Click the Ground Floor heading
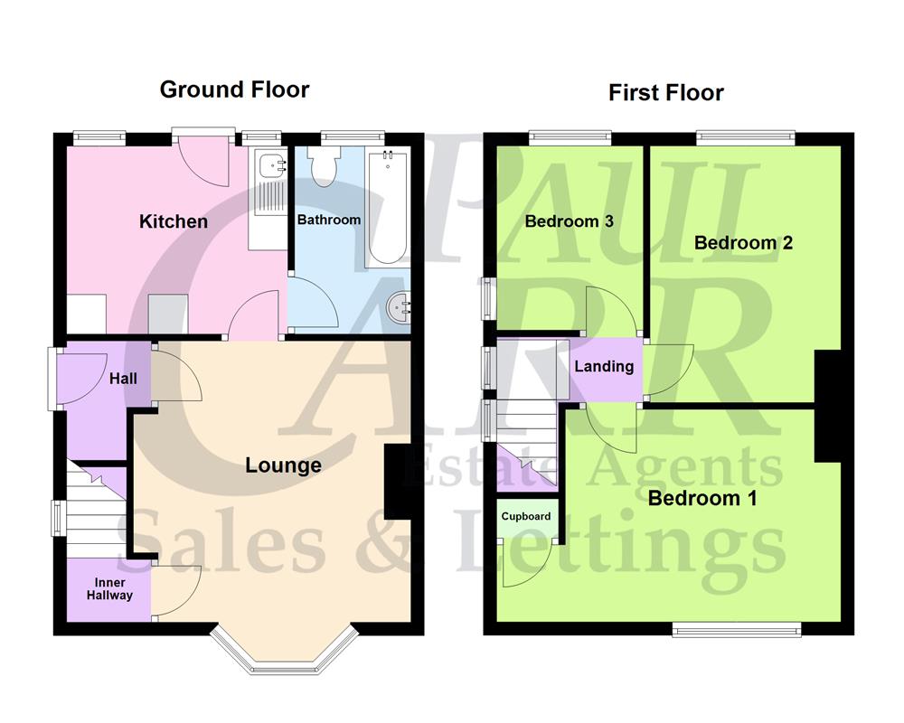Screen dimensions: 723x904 [234, 89]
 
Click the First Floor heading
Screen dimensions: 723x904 [665, 92]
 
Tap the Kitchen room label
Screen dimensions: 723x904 [173, 221]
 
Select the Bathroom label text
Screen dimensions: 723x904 [329, 220]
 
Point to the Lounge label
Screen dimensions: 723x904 [283, 465]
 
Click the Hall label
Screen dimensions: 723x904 [123, 378]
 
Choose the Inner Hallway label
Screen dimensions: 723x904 [109, 589]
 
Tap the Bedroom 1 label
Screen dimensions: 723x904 [702, 498]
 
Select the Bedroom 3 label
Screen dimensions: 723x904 [569, 221]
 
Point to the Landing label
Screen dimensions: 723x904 [603, 366]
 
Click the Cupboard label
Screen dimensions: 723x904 [527, 517]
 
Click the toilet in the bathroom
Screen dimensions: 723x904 [322, 166]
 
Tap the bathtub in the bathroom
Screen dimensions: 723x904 [387, 208]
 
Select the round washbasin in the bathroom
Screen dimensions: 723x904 [399, 308]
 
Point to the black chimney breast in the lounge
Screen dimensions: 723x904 [397, 482]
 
